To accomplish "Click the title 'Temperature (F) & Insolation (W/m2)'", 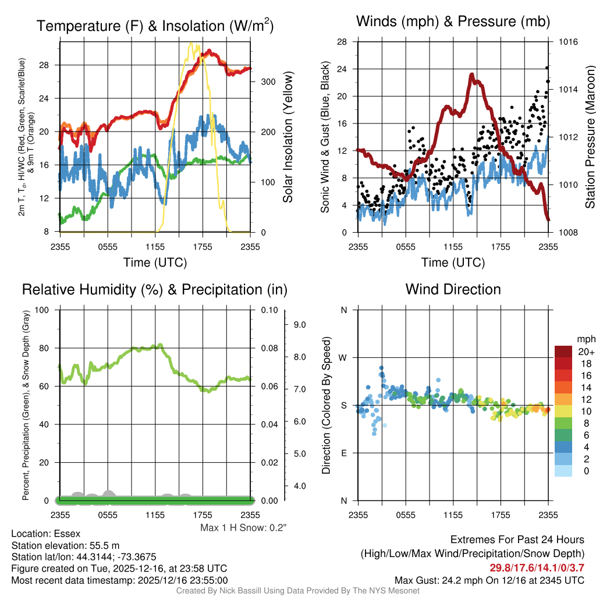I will (x=155, y=26).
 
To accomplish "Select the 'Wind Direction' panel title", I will (x=453, y=289).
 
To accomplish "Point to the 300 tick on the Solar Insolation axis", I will (x=268, y=81).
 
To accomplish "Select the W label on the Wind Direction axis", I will (x=343, y=357).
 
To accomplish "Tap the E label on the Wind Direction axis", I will (x=344, y=453).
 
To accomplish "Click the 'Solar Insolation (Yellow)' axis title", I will (x=288, y=137).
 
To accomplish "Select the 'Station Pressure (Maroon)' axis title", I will (x=590, y=137).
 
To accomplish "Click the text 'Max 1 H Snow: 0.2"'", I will (x=243, y=528).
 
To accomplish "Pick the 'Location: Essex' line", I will (x=45, y=533).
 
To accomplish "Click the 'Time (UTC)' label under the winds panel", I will (x=453, y=262).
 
